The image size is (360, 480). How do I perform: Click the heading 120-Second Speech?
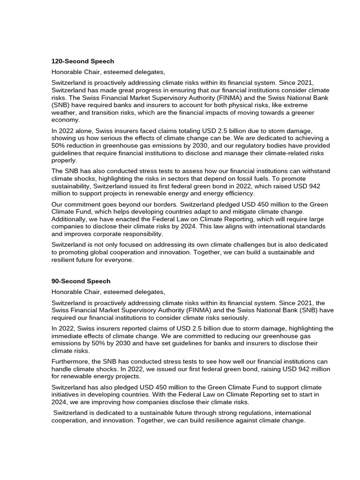[82, 61]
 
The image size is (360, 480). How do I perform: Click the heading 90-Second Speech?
[81, 281]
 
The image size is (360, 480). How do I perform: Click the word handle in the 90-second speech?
[62, 369]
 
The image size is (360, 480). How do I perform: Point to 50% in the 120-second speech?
[60, 145]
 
